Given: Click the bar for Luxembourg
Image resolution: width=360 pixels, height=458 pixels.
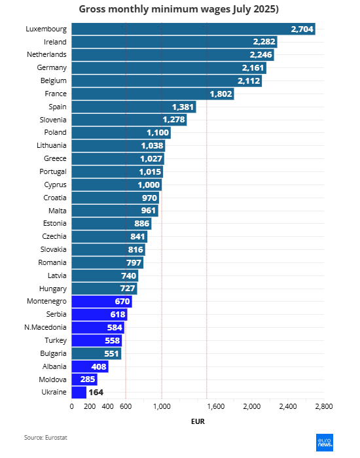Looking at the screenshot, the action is click(x=193, y=29).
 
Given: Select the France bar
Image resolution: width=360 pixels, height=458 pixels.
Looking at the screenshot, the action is click(x=153, y=94).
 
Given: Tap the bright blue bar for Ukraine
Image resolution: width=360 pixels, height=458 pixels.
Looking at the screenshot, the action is click(x=79, y=393).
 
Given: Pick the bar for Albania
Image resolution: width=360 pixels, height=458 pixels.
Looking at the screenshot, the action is click(x=90, y=366).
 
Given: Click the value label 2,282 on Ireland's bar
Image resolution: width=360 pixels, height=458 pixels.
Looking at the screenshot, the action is click(x=264, y=42).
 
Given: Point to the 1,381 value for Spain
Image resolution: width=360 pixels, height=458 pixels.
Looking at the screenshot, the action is click(x=183, y=107).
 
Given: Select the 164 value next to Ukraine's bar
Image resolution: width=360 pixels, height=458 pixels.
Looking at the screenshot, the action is click(x=96, y=393).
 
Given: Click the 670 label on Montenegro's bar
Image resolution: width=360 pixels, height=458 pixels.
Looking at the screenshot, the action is click(x=122, y=301).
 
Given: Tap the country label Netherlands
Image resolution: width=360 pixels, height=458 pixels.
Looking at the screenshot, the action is click(x=46, y=54).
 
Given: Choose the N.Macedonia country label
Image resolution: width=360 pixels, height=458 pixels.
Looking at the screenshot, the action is click(x=45, y=327).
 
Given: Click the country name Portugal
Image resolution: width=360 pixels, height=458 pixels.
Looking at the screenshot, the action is click(x=53, y=171).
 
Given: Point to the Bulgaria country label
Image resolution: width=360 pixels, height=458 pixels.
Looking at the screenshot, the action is click(x=53, y=353).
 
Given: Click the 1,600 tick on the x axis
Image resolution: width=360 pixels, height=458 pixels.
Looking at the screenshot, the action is click(x=215, y=406).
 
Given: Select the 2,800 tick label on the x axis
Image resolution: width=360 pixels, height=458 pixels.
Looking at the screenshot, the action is click(x=324, y=406).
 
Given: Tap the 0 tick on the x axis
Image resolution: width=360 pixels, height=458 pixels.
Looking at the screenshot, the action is click(x=71, y=406).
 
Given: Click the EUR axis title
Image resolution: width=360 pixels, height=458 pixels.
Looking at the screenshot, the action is click(x=198, y=421).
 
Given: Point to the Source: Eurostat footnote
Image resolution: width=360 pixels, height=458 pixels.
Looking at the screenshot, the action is click(x=46, y=438).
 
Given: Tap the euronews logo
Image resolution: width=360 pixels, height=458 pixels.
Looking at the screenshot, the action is click(x=325, y=442).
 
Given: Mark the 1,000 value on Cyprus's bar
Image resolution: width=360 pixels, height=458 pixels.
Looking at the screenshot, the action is click(x=149, y=185).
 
